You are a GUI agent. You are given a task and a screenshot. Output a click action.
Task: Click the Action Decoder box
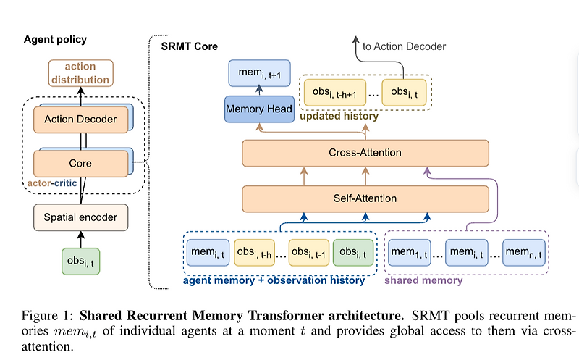coord(80,119)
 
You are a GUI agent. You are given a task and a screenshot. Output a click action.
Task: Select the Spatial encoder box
coord(80,216)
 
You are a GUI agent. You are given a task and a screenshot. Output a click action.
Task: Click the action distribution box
coord(80,74)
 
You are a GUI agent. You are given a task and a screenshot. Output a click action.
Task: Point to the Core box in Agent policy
coord(80,163)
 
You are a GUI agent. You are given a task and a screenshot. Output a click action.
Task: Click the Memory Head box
coord(259,109)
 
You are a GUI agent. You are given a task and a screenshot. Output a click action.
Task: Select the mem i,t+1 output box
coord(259,72)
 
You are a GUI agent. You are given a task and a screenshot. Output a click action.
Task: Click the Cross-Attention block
coord(365,154)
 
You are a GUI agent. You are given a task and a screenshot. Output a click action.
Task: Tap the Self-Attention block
coord(365,198)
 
